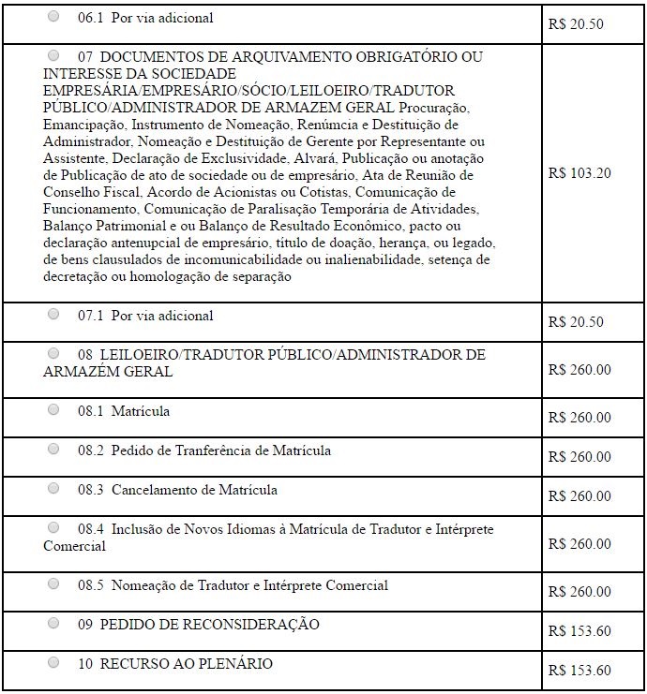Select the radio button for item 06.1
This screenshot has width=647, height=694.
[x=53, y=17]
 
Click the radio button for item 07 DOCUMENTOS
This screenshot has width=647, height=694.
[x=53, y=55]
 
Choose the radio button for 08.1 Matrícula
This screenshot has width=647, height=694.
[x=53, y=410]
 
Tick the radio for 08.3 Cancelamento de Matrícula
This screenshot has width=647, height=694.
[x=53, y=489]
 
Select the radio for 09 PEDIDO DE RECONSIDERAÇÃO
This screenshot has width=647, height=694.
[x=53, y=623]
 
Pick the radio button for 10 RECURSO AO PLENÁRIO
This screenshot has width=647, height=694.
[x=53, y=662]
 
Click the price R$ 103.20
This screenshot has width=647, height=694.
[x=579, y=173]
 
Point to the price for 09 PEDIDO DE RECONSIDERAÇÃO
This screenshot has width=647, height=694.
[x=579, y=631]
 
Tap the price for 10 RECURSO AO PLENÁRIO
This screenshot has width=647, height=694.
[x=579, y=671]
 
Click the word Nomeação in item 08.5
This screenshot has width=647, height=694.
[x=144, y=585]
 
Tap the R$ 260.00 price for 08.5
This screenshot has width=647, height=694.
[x=579, y=592]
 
